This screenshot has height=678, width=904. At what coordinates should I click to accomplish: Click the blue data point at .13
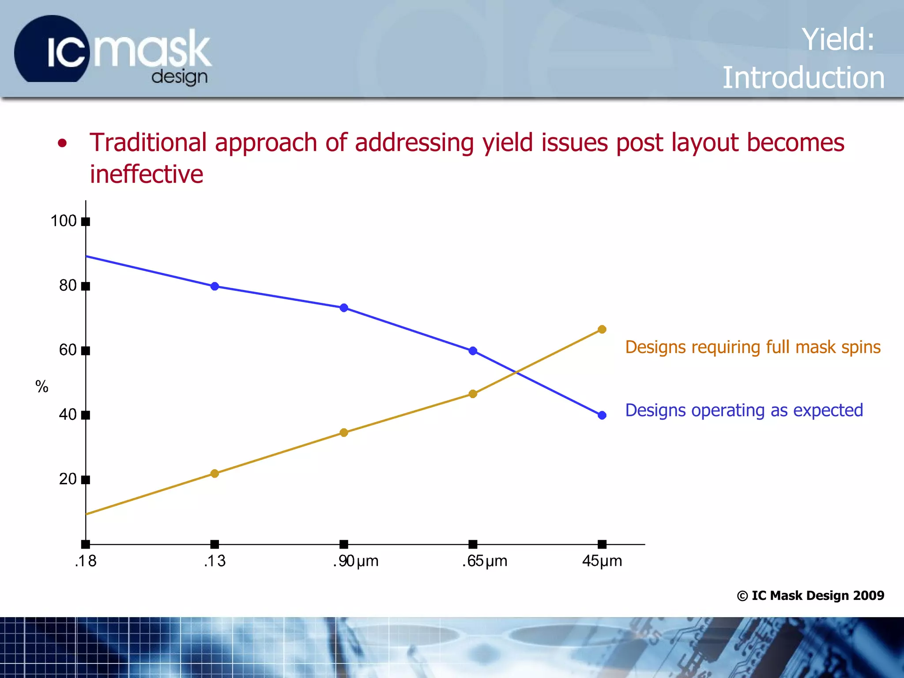pyautogui.click(x=215, y=286)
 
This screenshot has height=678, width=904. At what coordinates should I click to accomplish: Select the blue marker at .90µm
pyautogui.click(x=344, y=308)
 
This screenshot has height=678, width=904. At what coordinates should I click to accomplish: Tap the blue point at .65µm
pyautogui.click(x=473, y=351)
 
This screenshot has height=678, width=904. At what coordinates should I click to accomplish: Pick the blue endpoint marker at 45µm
pyautogui.click(x=602, y=415)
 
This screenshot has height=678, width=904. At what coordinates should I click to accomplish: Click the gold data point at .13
pyautogui.click(x=215, y=474)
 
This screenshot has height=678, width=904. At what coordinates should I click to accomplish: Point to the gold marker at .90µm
pyautogui.click(x=344, y=433)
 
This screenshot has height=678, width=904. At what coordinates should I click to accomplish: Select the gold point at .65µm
pyautogui.click(x=473, y=394)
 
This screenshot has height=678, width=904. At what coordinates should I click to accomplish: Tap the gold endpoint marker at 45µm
pyautogui.click(x=602, y=329)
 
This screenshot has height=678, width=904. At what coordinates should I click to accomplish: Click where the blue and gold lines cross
pyautogui.click(x=516, y=373)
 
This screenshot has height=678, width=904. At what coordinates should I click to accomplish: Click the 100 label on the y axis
pyautogui.click(x=64, y=221)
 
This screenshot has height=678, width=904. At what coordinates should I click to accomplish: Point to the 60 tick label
pyautogui.click(x=68, y=350)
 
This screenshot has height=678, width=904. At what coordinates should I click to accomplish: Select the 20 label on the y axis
pyautogui.click(x=68, y=479)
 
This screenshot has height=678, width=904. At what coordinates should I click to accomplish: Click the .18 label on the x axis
pyautogui.click(x=85, y=561)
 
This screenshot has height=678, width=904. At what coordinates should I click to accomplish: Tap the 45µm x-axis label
pyautogui.click(x=602, y=561)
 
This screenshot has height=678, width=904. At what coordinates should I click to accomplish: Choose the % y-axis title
pyautogui.click(x=41, y=387)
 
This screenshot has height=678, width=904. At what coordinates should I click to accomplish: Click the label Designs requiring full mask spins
pyautogui.click(x=753, y=347)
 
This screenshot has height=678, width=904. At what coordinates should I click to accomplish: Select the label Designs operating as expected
pyautogui.click(x=744, y=411)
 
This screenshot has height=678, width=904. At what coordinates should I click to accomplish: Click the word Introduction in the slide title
pyautogui.click(x=803, y=78)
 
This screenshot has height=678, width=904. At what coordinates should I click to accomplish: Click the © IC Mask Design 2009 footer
pyautogui.click(x=810, y=595)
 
